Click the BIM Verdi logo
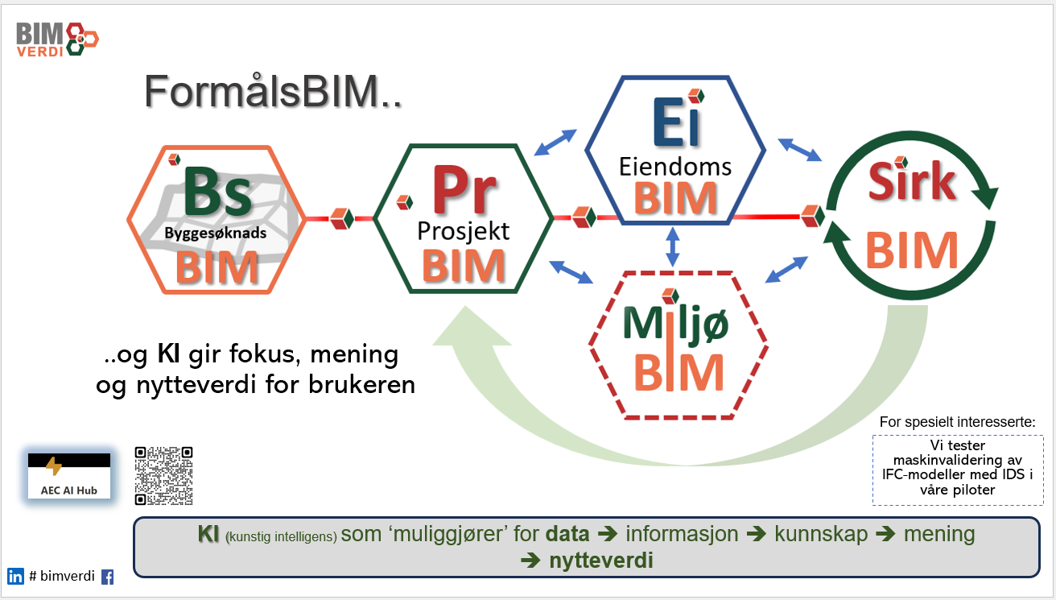[56, 39]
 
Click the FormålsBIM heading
[273, 92]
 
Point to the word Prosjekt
[463, 232]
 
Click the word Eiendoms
[674, 166]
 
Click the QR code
[164, 474]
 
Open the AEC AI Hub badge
[69, 476]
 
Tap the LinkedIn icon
[15, 576]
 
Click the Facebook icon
[108, 577]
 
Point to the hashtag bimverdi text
[61, 576]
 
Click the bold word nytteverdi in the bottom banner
[600, 561]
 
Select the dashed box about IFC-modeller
[957, 470]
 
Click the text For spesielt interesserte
[957, 422]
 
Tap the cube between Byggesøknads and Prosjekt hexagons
[341, 217]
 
